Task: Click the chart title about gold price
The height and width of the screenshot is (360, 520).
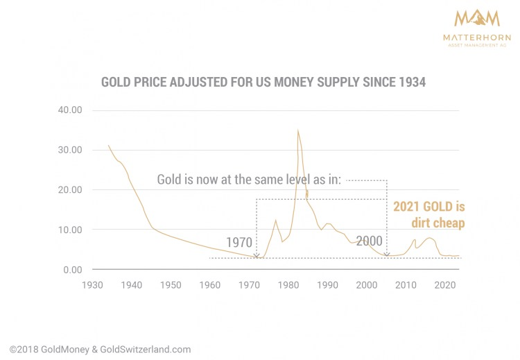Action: pyautogui.click(x=263, y=82)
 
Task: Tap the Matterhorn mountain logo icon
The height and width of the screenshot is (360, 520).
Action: pyautogui.click(x=477, y=18)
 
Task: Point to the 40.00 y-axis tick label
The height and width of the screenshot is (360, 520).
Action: pyautogui.click(x=70, y=110)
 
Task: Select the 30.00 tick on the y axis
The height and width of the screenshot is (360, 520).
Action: pyautogui.click(x=70, y=150)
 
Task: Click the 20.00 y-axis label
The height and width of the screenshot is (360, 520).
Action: pyautogui.click(x=70, y=190)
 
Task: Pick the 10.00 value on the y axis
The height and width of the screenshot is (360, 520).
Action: pyautogui.click(x=70, y=230)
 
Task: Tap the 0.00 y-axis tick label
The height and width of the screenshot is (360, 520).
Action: pyautogui.click(x=73, y=270)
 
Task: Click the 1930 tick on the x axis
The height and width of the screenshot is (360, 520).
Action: pyautogui.click(x=92, y=285)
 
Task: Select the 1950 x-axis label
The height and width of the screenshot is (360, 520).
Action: pyautogui.click(x=171, y=285)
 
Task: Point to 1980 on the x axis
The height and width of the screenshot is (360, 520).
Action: pyautogui.click(x=288, y=285)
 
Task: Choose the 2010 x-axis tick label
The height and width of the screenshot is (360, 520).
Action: pyautogui.click(x=406, y=285)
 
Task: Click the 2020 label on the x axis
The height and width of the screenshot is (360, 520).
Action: pyautogui.click(x=444, y=285)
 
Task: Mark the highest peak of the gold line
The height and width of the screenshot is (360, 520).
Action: pyautogui.click(x=298, y=130)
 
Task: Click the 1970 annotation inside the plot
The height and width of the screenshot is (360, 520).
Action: pyautogui.click(x=239, y=243)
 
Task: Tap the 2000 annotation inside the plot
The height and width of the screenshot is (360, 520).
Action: pyautogui.click(x=369, y=241)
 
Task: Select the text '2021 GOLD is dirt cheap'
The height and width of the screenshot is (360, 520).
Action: pyautogui.click(x=429, y=214)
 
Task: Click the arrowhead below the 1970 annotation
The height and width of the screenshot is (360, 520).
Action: pyautogui.click(x=257, y=255)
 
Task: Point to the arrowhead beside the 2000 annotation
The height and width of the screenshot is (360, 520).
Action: pyautogui.click(x=387, y=255)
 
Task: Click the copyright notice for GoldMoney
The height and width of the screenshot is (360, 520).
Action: pyautogui.click(x=100, y=350)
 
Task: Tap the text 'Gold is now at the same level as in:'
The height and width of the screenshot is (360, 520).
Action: pyautogui.click(x=249, y=180)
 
